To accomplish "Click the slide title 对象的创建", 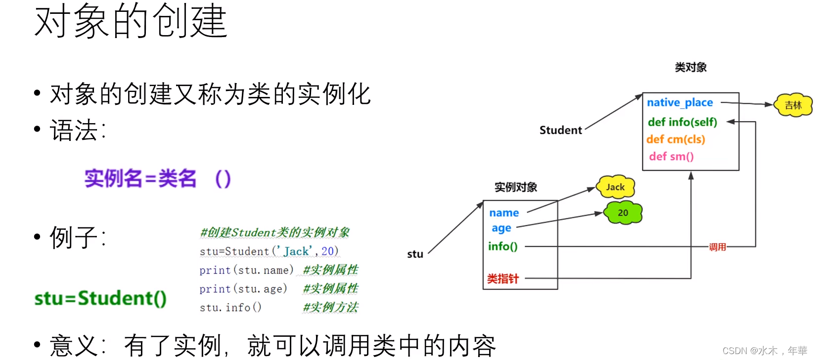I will pos(131,22).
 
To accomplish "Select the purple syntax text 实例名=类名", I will pos(140,179).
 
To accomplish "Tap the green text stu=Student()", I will pos(100,298).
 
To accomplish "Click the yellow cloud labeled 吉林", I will pos(793,105).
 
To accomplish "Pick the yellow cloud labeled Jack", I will pos(615,187).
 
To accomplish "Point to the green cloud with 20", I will pos(623,213).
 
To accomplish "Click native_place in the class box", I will pos(680,103).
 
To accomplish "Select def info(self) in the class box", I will pos(682,122).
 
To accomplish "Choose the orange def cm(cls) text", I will pos(676,139).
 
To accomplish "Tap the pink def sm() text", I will pos(671,157).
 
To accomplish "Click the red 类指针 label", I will pos(503,279).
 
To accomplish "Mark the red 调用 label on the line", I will pos(717,247).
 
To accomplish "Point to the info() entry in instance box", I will pos(502,246).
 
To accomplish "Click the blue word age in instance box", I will pos(501,228).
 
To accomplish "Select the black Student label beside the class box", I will pos(560,130).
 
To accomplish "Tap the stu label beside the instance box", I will pos(415,254).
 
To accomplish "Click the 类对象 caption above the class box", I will pos(690,67).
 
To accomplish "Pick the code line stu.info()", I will pos(230,308).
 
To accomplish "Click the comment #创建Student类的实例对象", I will pos(274,232).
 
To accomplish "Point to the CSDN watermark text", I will pos(764,351).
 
